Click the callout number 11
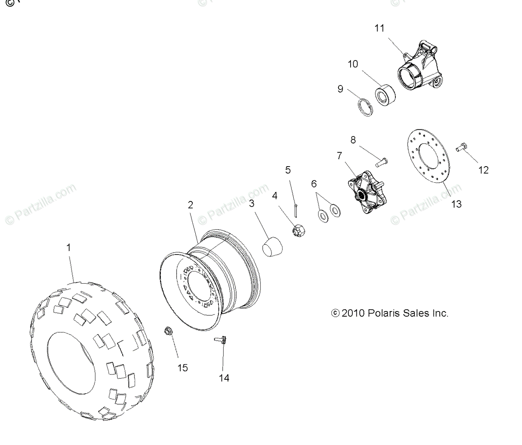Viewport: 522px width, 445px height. (x=379, y=28)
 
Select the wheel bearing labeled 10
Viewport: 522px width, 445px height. (x=385, y=95)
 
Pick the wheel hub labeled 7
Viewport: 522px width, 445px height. (x=366, y=192)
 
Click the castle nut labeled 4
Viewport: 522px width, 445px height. (x=298, y=230)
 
